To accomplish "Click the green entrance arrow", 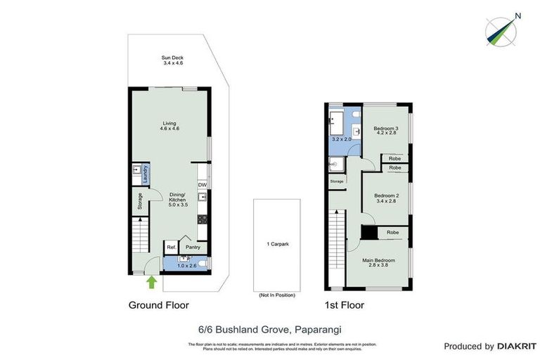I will (151, 282).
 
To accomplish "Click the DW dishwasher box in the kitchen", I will (202, 185).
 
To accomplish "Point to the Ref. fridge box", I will (171, 247).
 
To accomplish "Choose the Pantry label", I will (193, 247).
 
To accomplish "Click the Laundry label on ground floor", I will (146, 174).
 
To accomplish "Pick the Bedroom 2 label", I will (386, 198).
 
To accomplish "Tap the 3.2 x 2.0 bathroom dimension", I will (342, 140).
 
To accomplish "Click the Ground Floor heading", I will (158, 306).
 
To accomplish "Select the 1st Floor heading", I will (344, 306).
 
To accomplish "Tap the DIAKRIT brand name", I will (517, 346).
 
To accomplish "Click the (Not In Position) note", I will (277, 295).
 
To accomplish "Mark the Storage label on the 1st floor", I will (337, 181).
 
